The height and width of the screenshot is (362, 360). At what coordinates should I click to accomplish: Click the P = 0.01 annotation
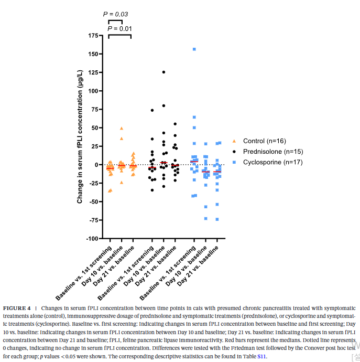[119, 28]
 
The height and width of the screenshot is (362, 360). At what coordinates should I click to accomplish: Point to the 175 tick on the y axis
[93, 36]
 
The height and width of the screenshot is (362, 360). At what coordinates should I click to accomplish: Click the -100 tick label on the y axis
[91, 239]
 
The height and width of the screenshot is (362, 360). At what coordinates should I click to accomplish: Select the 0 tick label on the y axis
[96, 165]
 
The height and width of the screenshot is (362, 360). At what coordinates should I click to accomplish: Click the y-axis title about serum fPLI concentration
[80, 136]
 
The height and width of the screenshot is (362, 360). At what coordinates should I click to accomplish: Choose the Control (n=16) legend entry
[267, 141]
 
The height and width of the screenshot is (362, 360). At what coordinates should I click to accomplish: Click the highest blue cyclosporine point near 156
[194, 49]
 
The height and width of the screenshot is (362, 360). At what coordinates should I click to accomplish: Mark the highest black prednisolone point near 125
[163, 72]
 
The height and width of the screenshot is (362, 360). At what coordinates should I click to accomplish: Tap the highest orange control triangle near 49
[122, 128]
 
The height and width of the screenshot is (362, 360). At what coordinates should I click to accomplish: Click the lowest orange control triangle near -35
[110, 190]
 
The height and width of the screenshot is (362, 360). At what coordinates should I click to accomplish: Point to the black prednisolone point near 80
[163, 105]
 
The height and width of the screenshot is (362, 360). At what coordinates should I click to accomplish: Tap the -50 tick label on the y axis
[93, 202]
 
